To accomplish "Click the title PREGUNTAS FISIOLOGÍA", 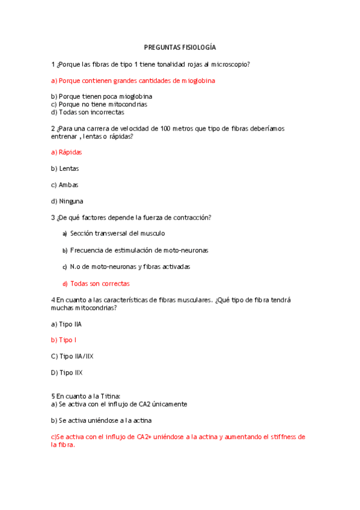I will tap(180, 47).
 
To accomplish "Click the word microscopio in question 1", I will tap(228, 64).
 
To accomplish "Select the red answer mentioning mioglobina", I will tap(133, 80).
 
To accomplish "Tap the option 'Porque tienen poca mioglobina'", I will tap(102, 96).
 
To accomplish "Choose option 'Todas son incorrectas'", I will tap(88, 112).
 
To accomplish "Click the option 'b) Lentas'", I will tap(65, 168).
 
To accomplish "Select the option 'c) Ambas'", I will tap(65, 185).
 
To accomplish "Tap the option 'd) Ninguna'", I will tap(67, 201).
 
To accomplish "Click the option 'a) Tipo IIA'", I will tap(67, 324).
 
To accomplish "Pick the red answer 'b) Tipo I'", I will tap(64, 340).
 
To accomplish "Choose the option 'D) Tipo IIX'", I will tap(67, 373).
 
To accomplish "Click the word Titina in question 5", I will tap(109, 396).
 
